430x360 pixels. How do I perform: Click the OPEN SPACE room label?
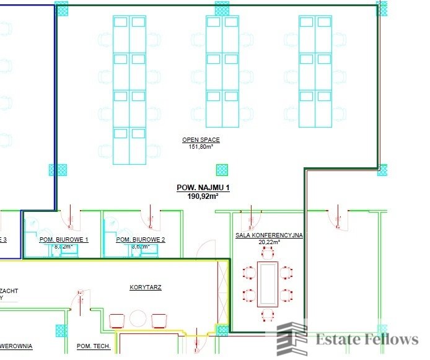click(201, 140)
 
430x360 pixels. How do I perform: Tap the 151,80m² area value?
click(201, 147)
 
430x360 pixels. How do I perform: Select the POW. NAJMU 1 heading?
click(203, 187)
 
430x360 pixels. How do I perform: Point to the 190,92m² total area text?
click(203, 196)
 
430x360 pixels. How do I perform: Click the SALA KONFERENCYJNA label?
click(269, 235)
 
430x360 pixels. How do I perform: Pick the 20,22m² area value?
click(269, 242)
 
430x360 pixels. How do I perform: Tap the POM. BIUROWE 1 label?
click(64, 239)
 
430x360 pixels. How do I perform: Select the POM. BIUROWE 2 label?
click(141, 239)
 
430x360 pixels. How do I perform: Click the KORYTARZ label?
click(146, 288)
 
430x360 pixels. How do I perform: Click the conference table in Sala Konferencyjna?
click(268, 284)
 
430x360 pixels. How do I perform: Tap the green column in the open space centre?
click(221, 170)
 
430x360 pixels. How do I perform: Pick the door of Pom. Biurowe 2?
click(149, 217)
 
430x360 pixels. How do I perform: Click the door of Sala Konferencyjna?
click(250, 218)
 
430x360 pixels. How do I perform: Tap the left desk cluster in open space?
click(129, 90)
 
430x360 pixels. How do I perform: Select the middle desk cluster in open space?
click(222, 71)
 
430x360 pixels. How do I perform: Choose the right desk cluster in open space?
click(315, 71)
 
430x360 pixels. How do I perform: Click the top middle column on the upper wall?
click(222, 9)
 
